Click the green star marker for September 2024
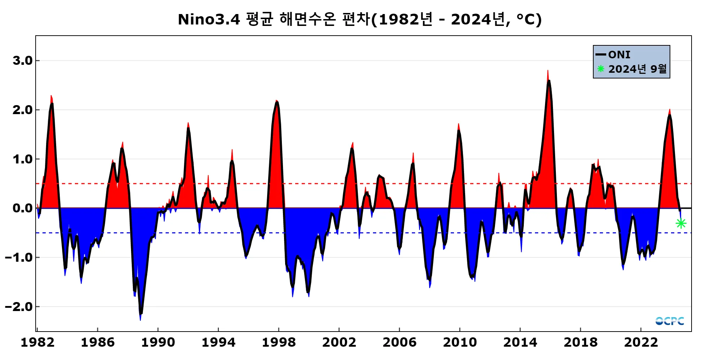681,224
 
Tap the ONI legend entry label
619,55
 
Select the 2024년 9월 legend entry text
637,69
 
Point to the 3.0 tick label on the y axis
23,60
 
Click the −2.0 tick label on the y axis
19,307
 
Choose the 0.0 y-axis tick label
23,208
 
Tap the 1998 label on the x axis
279,342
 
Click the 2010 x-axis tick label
460,342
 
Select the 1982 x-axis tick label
37,342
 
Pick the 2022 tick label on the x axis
641,342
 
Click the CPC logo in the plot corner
670,321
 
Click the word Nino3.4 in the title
209,19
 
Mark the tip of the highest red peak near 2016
548,71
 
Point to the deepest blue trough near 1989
140,320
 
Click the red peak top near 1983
51,96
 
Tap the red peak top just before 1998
276,100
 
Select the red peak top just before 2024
670,109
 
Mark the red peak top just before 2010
458,124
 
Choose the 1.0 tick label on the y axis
23,159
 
